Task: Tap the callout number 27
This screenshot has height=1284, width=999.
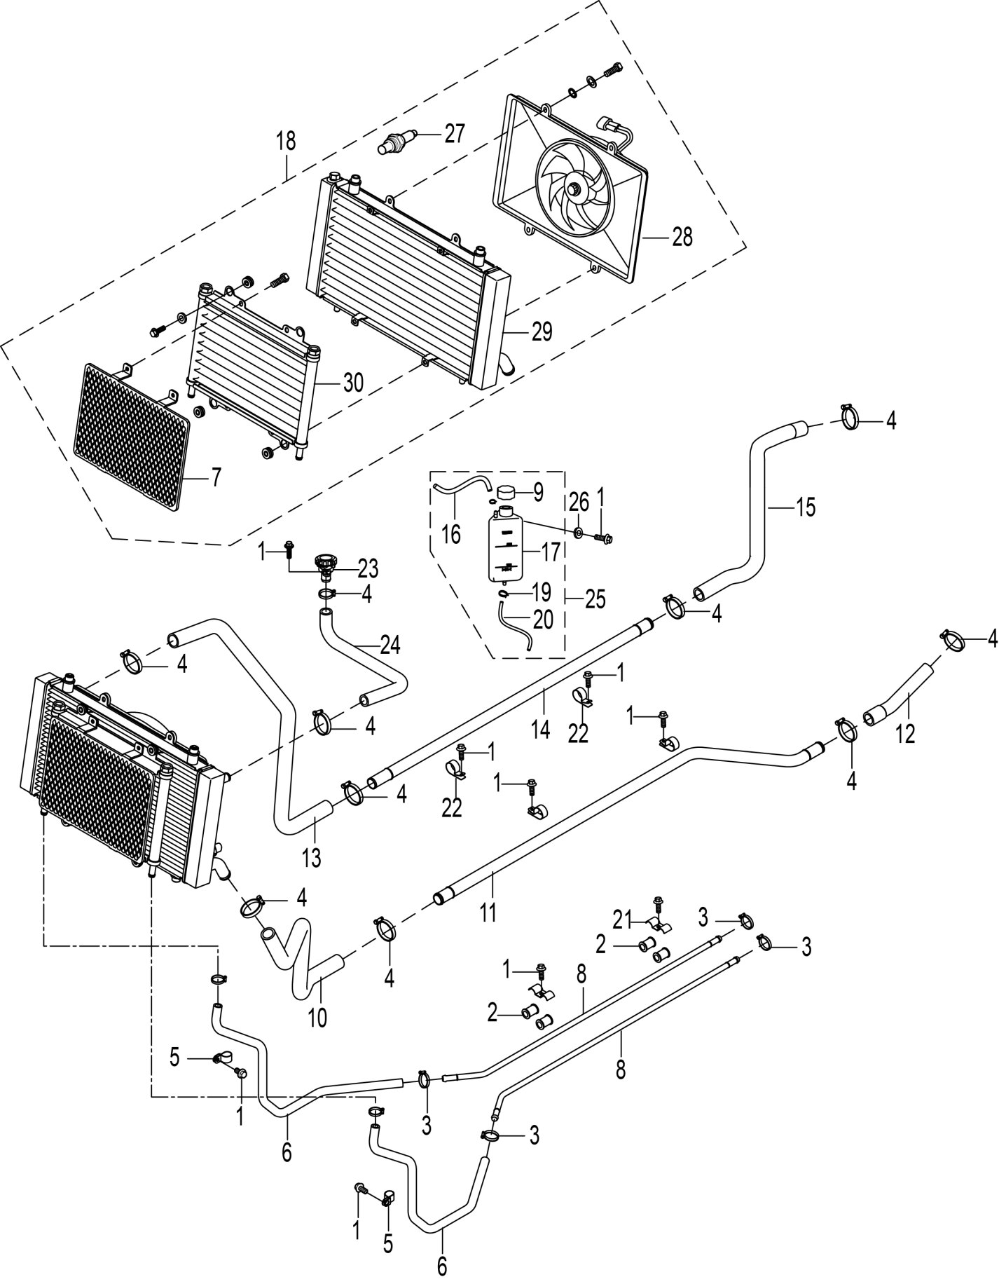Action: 455,133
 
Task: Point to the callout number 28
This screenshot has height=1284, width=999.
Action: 682,237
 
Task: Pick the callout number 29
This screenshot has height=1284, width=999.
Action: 542,332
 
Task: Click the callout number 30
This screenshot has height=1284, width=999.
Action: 353,382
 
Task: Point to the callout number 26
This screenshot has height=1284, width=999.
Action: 578,502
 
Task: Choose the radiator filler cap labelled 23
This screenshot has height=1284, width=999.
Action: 325,562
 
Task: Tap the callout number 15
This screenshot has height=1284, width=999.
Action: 806,507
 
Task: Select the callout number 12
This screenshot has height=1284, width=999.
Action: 905,733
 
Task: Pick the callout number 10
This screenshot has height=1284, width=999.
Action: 317,1017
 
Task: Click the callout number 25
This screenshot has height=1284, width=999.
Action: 595,599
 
